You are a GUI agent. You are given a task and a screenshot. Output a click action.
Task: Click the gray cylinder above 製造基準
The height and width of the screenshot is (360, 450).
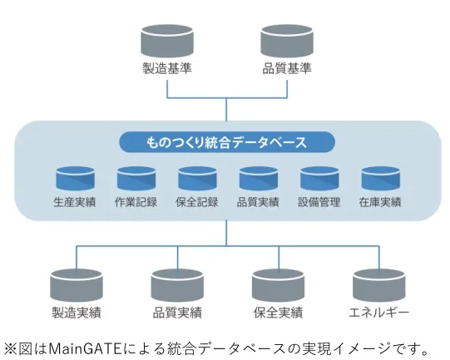[x=167, y=40]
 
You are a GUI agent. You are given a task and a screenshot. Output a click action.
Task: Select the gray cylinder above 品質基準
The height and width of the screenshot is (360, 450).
[x=286, y=40]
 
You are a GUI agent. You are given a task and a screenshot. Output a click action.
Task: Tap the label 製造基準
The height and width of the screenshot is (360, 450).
[x=167, y=68]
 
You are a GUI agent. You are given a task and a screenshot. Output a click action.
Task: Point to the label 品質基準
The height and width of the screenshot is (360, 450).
[x=286, y=68]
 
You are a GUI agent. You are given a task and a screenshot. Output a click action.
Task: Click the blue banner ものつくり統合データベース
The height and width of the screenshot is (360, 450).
[x=226, y=142]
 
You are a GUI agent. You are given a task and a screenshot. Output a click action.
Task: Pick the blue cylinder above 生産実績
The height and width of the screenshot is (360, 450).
[x=76, y=179]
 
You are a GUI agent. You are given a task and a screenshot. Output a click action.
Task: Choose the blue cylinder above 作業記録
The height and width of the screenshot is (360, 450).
[x=136, y=179]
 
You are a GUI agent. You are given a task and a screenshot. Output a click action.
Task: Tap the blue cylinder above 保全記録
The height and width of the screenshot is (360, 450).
[x=198, y=179]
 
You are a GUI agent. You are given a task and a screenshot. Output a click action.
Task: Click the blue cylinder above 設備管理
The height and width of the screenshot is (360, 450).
[x=319, y=179]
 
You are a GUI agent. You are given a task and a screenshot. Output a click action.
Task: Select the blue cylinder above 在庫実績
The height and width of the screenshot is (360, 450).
[x=381, y=179]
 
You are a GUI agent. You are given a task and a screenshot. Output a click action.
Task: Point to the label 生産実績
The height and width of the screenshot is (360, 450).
[x=76, y=202]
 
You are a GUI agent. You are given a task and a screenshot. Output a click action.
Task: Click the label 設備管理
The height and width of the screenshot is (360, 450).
[x=319, y=202]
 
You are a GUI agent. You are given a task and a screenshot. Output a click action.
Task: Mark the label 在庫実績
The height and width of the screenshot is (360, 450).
[x=381, y=202]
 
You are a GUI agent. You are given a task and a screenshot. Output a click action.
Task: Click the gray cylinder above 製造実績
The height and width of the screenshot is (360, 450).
[x=76, y=284]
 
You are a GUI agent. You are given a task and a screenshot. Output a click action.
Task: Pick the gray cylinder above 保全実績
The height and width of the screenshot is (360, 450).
[x=277, y=284]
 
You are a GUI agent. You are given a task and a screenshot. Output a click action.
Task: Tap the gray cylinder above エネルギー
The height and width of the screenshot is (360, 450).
[x=378, y=284]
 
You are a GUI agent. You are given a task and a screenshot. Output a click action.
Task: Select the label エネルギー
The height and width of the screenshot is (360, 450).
[x=378, y=313]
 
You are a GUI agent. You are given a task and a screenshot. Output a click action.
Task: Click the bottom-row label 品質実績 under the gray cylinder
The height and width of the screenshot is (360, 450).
[x=177, y=313]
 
